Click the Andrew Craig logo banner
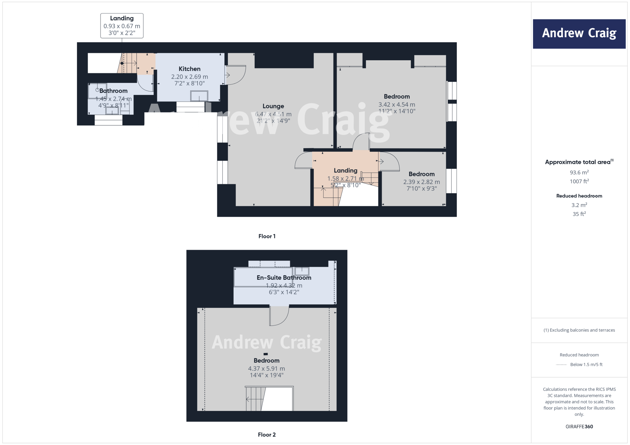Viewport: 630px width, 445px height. click(579, 34)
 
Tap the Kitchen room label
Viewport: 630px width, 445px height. click(189, 69)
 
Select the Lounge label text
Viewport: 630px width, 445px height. click(273, 106)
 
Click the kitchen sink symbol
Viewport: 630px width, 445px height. click(199, 96)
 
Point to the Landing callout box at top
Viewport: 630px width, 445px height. click(122, 26)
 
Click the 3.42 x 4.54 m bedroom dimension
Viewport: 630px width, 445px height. click(397, 104)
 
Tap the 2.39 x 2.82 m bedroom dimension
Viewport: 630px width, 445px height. click(421, 182)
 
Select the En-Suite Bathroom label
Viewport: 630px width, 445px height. click(284, 278)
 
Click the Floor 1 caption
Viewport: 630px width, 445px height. click(267, 236)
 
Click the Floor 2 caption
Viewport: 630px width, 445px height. click(267, 434)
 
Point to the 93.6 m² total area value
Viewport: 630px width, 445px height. click(579, 172)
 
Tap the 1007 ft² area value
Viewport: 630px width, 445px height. click(579, 181)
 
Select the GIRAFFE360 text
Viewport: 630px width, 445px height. click(579, 426)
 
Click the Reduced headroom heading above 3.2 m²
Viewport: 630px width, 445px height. click(579, 196)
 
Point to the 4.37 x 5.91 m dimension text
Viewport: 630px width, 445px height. click(266, 368)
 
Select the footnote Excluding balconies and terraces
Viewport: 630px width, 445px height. click(579, 330)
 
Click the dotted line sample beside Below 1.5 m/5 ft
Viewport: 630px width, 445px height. click(561, 364)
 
